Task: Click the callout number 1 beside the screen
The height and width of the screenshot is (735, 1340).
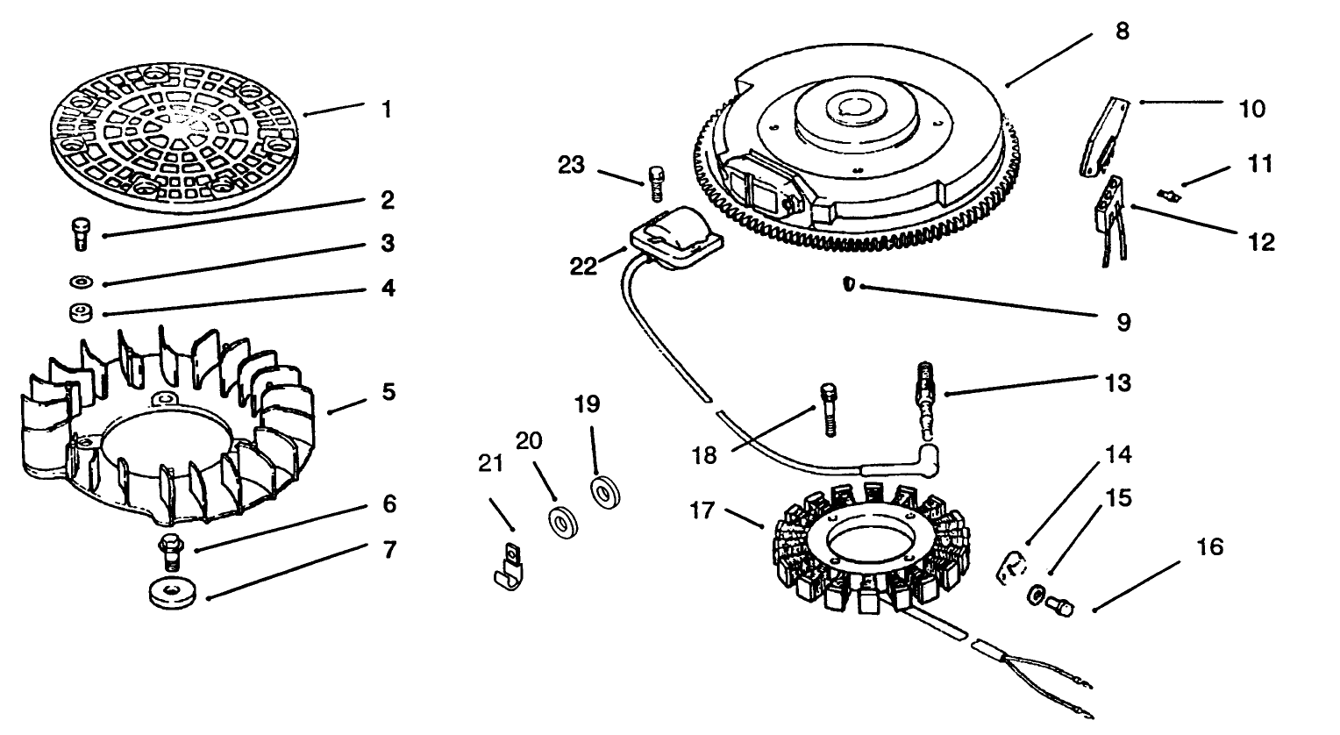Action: (x=386, y=111)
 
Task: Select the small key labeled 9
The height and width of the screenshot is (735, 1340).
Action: (x=850, y=284)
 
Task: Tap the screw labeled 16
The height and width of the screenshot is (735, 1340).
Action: (x=1058, y=605)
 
